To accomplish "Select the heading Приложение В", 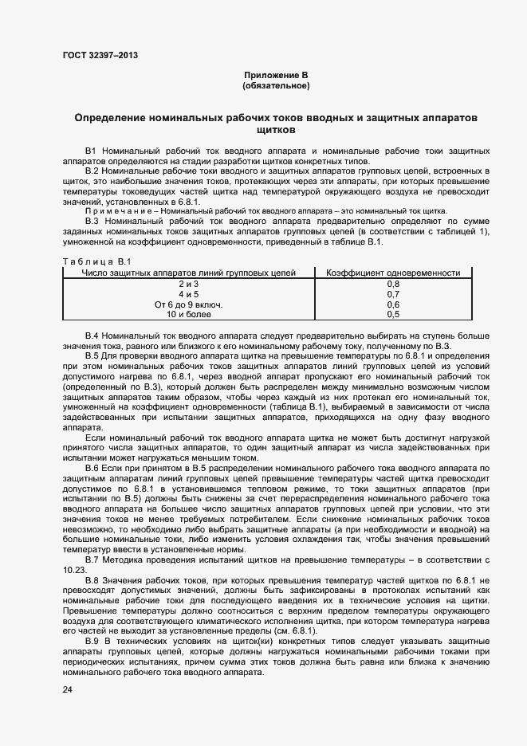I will [275, 75].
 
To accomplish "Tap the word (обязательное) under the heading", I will [275, 85].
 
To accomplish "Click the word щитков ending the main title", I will [275, 129].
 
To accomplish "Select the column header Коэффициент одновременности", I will [393, 273].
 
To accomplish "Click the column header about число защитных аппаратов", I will [189, 273].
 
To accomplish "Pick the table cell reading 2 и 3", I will [188, 284].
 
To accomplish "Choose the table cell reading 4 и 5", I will [188, 294].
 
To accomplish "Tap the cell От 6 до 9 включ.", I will [188, 304].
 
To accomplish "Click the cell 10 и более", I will [188, 315].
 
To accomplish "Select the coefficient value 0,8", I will [393, 284].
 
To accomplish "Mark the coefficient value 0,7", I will [393, 294].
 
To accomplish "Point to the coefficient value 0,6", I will [393, 304].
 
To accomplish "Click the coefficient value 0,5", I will [393, 315].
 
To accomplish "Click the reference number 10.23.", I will [73, 571].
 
